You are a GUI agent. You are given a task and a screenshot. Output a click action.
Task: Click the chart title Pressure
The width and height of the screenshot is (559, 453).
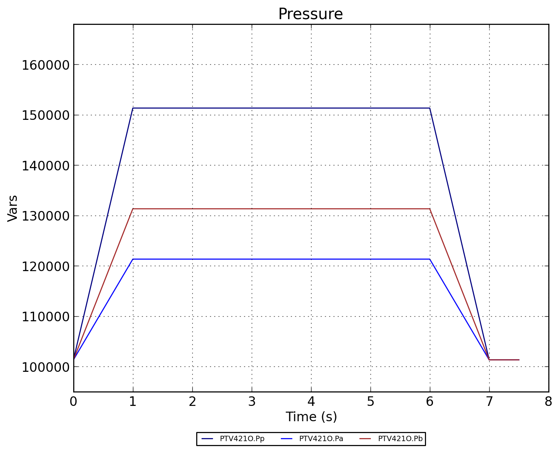pyautogui.click(x=310, y=14)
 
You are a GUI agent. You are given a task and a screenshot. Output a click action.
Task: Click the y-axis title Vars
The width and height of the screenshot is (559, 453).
pyautogui.click(x=13, y=208)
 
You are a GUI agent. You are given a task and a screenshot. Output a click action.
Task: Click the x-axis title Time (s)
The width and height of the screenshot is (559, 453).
pyautogui.click(x=311, y=417)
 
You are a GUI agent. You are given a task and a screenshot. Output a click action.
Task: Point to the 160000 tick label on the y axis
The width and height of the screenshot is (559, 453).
pyautogui.click(x=45, y=65)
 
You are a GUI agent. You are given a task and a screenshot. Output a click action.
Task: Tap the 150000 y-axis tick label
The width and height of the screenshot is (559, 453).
pyautogui.click(x=45, y=115)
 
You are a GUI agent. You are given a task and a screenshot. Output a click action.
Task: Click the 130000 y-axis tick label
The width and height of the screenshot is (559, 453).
pyautogui.click(x=45, y=216)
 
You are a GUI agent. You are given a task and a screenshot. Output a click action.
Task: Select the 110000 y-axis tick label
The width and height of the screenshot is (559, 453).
pyautogui.click(x=45, y=317)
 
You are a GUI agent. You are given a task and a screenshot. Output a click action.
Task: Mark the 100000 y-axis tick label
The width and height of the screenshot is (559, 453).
pyautogui.click(x=45, y=367)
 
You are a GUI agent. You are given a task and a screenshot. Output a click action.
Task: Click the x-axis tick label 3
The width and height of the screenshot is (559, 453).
pyautogui.click(x=252, y=402)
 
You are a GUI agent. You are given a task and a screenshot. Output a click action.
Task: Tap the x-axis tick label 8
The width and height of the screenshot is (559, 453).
pyautogui.click(x=548, y=402)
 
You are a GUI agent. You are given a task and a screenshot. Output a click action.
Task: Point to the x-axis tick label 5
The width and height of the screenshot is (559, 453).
pyautogui.click(x=370, y=402)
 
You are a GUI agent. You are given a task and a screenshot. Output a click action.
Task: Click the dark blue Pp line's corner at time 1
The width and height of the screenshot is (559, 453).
pyautogui.click(x=133, y=108)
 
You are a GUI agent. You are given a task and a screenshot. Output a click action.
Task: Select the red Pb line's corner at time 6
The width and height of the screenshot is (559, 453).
pyautogui.click(x=430, y=209)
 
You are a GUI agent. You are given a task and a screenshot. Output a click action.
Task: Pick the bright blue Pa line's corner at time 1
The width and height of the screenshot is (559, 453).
pyautogui.click(x=133, y=259)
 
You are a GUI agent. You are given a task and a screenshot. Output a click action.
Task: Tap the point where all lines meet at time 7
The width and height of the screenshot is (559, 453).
pyautogui.click(x=489, y=360)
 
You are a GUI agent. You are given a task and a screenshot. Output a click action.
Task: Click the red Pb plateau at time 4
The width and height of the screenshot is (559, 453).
pyautogui.click(x=311, y=209)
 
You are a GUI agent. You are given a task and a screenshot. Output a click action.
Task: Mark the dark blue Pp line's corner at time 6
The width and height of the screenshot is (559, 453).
pyautogui.click(x=430, y=108)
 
